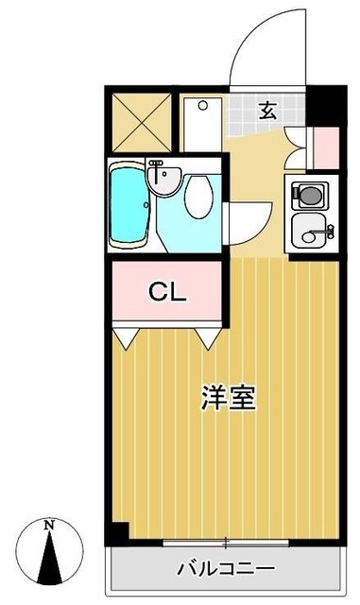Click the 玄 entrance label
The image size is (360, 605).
268,111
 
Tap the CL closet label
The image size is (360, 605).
167,291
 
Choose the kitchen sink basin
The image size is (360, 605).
311,229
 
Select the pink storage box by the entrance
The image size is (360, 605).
325,146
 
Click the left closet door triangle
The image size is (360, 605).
128,335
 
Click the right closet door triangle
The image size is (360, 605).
210,335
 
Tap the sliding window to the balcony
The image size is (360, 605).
227,544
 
